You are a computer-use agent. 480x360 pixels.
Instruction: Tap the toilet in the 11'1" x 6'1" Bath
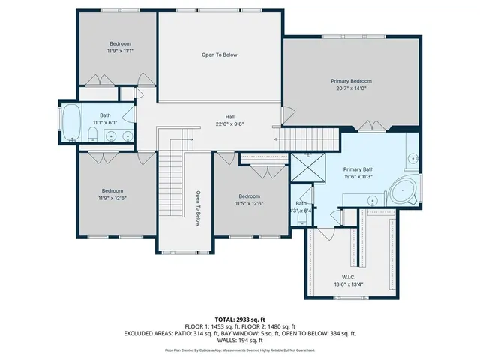coord(92,135)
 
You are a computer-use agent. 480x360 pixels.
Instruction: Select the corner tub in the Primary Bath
coord(408,193)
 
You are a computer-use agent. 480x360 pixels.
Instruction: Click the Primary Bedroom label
coord(351,81)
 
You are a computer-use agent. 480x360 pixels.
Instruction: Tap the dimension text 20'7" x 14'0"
coord(351,88)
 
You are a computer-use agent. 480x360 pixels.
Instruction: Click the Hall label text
coord(230,117)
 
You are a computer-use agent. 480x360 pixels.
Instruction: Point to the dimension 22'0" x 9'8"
coord(230,124)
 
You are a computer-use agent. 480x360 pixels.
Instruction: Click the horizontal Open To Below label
coord(219,55)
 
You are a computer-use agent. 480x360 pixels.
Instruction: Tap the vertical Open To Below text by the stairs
coord(199,208)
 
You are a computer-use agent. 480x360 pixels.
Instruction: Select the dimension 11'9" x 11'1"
coord(118,51)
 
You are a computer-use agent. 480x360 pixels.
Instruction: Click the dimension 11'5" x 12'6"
coord(249,203)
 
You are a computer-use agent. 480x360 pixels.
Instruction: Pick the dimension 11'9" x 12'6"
coord(113,199)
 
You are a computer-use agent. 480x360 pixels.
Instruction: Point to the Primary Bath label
coord(358,169)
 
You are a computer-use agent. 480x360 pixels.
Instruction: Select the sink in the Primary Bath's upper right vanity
coord(413,160)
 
